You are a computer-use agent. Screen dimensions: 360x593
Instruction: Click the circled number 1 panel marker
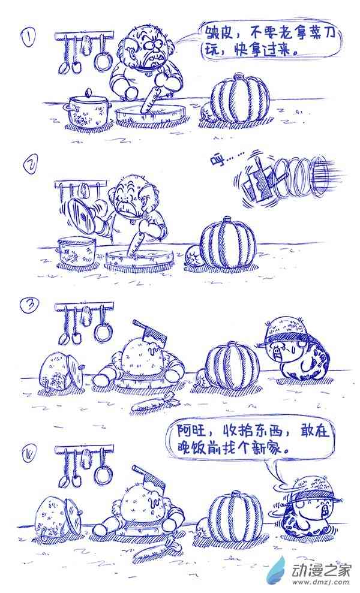coord(28,38)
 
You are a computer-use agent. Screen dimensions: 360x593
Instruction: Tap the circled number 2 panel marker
coord(29,165)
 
